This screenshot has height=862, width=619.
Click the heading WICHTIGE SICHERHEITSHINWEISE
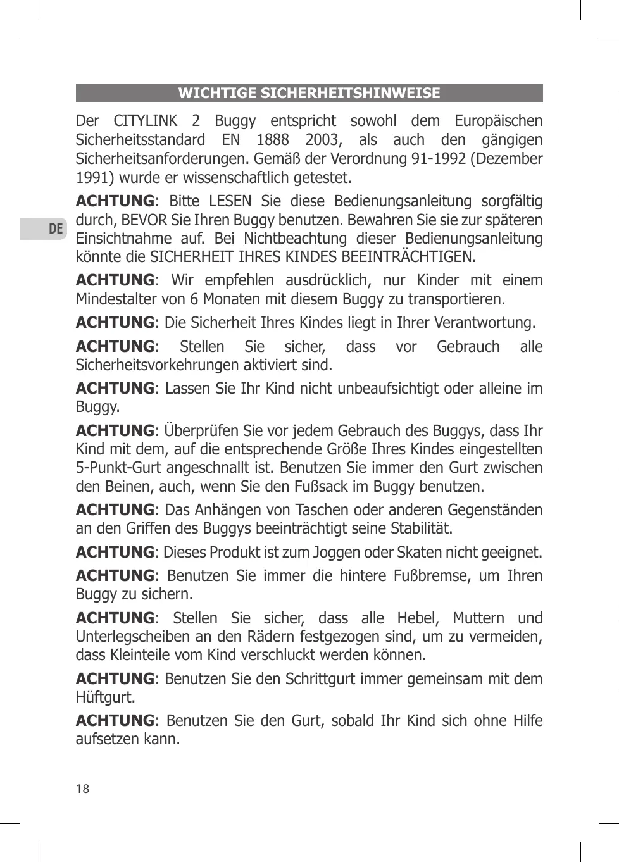[x=309, y=93]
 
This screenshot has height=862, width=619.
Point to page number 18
[x=82, y=789]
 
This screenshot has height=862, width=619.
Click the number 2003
[x=322, y=139]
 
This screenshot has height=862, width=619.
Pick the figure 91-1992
[x=439, y=158]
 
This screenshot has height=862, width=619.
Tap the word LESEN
[x=230, y=201]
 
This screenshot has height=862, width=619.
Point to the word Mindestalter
[x=115, y=299]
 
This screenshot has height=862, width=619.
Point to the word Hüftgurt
[x=104, y=697]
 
